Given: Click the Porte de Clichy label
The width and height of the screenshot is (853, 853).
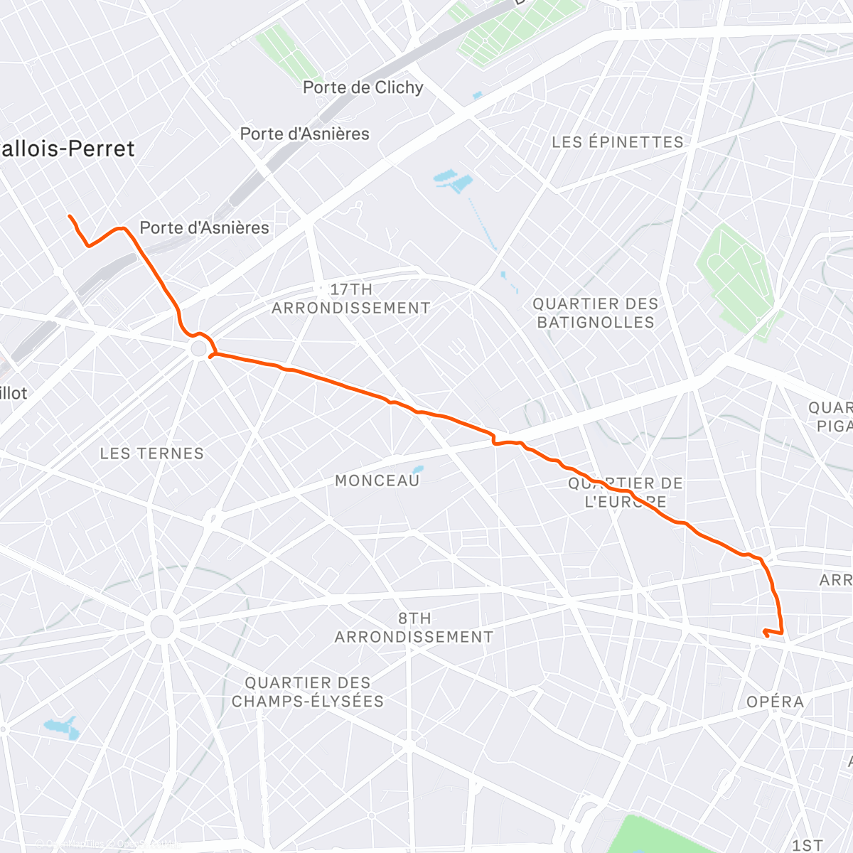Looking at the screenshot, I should pos(363,87).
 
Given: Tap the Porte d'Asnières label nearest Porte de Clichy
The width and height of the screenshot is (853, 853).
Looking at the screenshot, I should pos(304,134).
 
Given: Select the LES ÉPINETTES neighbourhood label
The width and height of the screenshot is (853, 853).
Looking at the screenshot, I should pos(617,142).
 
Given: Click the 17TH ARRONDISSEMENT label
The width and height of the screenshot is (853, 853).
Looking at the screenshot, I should pos(350,299).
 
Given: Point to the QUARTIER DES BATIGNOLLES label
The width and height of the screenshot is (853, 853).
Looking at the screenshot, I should pos(596,313).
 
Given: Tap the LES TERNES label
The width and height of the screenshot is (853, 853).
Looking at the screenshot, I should pos(151,454).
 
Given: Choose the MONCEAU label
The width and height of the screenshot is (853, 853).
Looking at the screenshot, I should pos(377,481).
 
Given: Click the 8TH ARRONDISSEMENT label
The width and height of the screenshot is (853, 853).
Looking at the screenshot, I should pos(414,628).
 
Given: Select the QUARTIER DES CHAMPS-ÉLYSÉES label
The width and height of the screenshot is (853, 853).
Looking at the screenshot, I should pos(307,692).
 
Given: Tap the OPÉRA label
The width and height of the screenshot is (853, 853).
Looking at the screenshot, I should pos(775,702).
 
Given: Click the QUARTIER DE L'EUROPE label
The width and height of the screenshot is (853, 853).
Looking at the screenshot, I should pos(626,492).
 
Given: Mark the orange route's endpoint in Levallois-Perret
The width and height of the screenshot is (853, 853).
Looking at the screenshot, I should pos(69,215).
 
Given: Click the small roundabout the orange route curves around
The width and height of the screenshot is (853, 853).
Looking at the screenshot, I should pos(199,349).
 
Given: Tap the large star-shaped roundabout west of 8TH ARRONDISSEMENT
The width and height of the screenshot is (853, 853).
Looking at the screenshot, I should pos(162,627).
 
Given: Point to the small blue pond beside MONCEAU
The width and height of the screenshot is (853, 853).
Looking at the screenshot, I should pos(418,469).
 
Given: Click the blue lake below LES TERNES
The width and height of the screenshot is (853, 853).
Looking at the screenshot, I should pos(61,728).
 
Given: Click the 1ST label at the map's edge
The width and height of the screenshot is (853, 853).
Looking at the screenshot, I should pos(808,844).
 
